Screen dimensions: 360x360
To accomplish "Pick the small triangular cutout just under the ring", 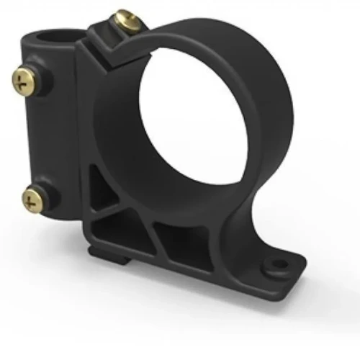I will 107,192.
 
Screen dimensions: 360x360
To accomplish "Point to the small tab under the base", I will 102,255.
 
